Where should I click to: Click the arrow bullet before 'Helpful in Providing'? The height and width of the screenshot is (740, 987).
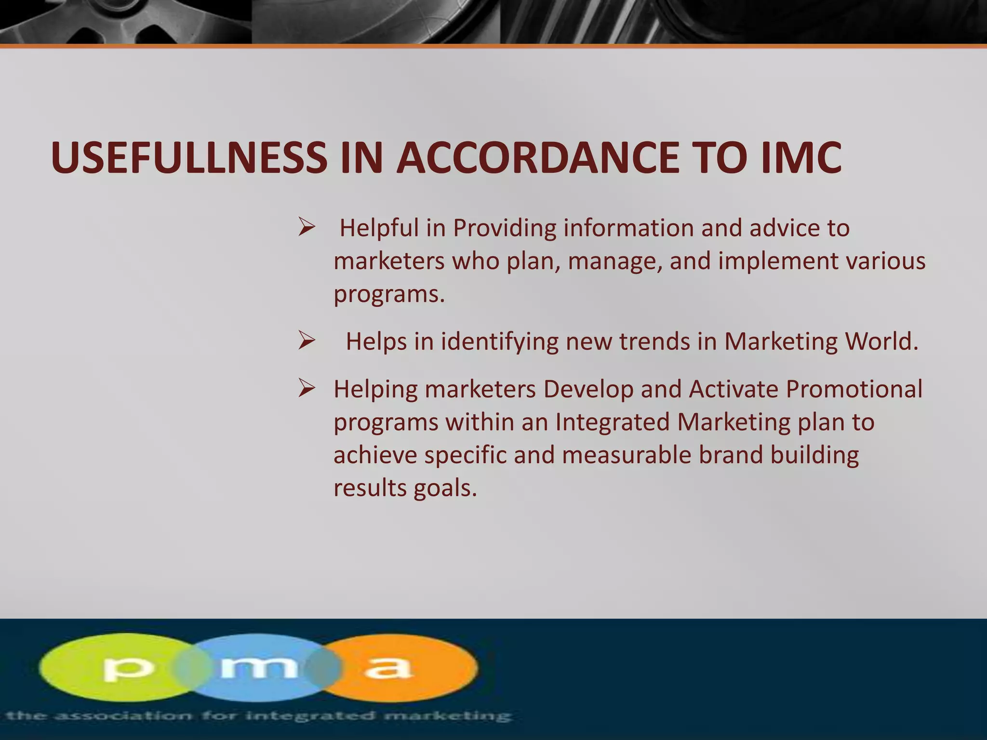(307, 227)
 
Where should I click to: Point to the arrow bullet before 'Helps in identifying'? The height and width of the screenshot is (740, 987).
(307, 341)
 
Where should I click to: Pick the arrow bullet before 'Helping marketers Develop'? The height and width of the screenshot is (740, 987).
(307, 388)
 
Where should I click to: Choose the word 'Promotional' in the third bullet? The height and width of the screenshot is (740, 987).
(854, 389)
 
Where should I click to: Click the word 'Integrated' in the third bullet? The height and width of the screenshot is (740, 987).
(612, 422)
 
